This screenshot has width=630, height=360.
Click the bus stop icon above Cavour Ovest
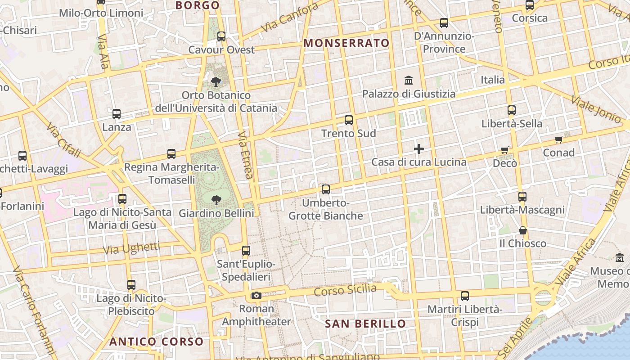coord(221,36)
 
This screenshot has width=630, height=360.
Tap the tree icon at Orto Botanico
coord(216,82)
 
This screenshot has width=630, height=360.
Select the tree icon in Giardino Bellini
coord(216,199)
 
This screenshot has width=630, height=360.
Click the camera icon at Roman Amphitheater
coord(256,295)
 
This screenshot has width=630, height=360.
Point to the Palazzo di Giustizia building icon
coord(409,81)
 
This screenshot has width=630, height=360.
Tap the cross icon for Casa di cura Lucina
coord(419,148)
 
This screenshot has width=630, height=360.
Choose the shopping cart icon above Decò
coord(505,150)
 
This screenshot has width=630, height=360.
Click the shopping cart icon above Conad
coord(558,139)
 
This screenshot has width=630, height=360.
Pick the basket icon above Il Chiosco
coord(523,230)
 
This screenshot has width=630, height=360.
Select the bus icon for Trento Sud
coord(349,120)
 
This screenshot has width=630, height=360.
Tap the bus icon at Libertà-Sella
coord(512,110)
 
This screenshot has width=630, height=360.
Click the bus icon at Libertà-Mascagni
coord(522,197)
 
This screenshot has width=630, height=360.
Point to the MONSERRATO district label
coord(346,43)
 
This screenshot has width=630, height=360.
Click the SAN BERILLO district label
coord(365,324)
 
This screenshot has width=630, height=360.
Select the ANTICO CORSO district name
coord(157,342)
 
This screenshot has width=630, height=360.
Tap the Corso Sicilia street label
coord(345,290)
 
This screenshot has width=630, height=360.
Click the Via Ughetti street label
coord(131,248)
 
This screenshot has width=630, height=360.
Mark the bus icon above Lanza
coord(117,114)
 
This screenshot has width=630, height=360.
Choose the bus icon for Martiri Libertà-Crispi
coord(465,296)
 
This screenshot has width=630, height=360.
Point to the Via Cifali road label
coord(63,139)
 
